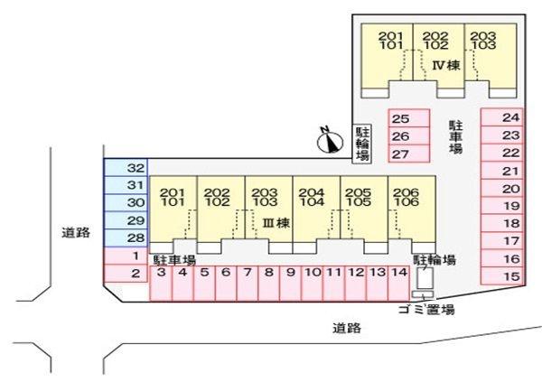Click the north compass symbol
(330, 141)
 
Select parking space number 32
(126, 168)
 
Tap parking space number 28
(126, 238)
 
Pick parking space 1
(126, 256)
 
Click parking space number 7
(248, 284)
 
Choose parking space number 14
(399, 284)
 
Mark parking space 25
(409, 118)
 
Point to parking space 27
(409, 154)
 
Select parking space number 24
(502, 117)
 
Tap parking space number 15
(502, 276)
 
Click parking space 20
(502, 188)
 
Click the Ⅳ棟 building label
(446, 65)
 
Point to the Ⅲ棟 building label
(276, 223)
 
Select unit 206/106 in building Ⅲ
(412, 209)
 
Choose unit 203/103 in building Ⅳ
(491, 56)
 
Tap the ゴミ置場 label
(426, 310)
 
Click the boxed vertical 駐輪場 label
(362, 144)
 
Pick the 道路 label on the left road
(76, 232)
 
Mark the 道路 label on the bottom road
(347, 328)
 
